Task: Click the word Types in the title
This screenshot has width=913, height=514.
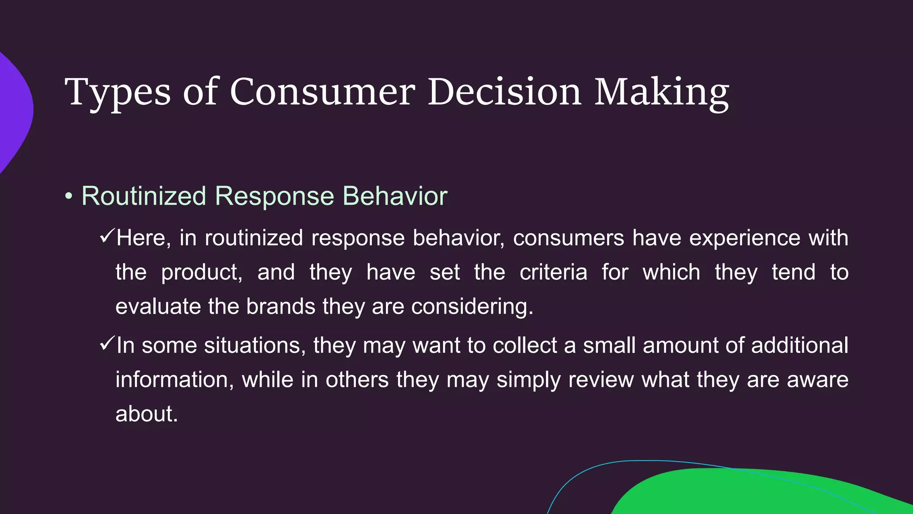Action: (x=118, y=92)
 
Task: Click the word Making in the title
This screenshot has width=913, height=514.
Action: (x=662, y=92)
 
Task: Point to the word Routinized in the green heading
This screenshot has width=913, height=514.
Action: (x=144, y=196)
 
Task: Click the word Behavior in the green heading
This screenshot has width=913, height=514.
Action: (x=395, y=196)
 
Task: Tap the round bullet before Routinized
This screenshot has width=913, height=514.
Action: (x=68, y=196)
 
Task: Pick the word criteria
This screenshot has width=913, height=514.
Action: (x=553, y=272)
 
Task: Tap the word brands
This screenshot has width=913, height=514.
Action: (x=281, y=307)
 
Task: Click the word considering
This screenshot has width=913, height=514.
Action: (x=472, y=307)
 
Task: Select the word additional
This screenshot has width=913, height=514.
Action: (x=799, y=345)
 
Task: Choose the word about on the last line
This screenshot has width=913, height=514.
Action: (x=146, y=414)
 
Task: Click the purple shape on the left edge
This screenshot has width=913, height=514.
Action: (x=13, y=112)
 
